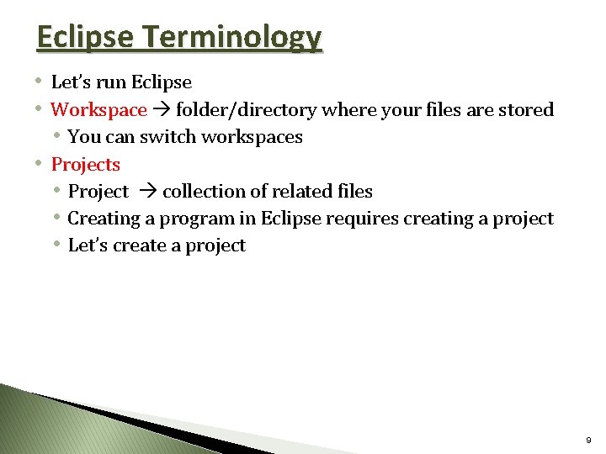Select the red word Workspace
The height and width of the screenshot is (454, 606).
pyautogui.click(x=99, y=109)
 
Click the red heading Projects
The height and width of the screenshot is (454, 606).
pyautogui.click(x=86, y=164)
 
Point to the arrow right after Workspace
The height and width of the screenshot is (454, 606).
pyautogui.click(x=161, y=109)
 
